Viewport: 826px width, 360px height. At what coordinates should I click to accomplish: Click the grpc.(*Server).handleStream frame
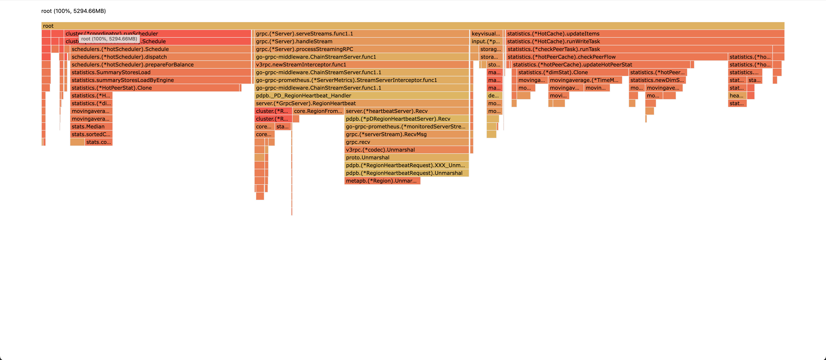(361, 41)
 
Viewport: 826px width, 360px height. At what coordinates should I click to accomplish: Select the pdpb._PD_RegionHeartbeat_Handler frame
(361, 95)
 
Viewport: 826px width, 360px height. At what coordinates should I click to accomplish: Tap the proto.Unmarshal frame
(406, 157)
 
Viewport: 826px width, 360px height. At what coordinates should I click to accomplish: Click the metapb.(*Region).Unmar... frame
(382, 181)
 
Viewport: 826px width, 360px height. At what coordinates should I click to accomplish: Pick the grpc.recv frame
(406, 142)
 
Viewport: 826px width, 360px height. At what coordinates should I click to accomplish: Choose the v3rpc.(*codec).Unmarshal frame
(406, 150)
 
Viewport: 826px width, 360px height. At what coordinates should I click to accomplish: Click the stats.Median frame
(91, 127)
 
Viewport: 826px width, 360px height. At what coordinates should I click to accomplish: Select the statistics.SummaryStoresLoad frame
(160, 72)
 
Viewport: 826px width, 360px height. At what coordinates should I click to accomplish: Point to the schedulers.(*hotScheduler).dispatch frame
(160, 57)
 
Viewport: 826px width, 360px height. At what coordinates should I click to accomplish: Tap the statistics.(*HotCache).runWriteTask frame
(644, 41)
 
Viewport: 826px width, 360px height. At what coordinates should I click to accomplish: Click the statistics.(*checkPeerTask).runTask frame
(638, 49)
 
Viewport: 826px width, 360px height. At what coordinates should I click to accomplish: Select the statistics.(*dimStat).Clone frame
(572, 72)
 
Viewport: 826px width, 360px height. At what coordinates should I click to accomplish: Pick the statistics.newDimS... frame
(657, 80)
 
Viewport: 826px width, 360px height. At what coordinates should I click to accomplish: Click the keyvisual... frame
(486, 34)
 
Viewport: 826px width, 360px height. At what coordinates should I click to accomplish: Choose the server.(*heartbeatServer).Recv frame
(406, 111)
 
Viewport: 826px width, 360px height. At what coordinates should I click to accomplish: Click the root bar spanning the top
(413, 26)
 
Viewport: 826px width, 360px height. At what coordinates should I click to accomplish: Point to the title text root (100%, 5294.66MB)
(73, 11)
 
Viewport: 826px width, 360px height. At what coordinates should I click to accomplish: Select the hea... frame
(737, 95)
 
